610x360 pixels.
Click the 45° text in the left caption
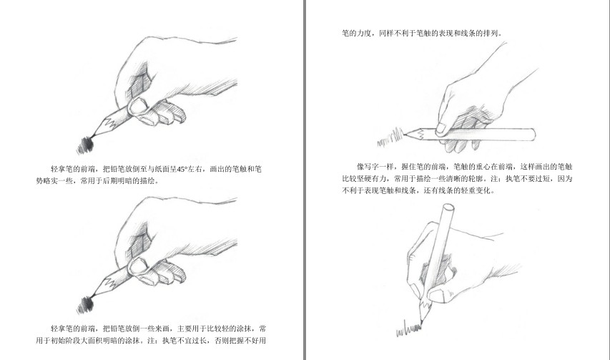[x=182, y=170]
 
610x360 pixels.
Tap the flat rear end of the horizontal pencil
[x=533, y=135]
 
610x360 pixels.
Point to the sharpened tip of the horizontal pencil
[x=405, y=135]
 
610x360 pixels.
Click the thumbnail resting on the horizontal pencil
[x=441, y=128]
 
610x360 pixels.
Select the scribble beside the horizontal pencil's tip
[x=390, y=137]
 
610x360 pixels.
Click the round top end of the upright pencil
[x=448, y=208]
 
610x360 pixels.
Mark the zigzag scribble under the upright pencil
[x=408, y=330]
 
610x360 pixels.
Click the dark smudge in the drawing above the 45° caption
[x=85, y=145]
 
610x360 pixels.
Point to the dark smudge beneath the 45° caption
[x=85, y=304]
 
